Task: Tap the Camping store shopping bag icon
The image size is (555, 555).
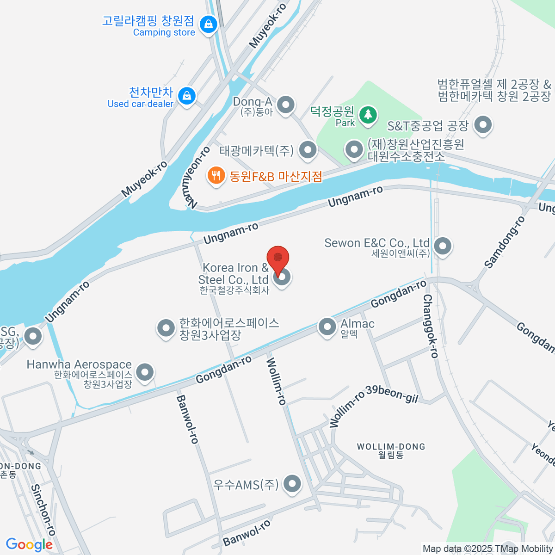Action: point(209,24)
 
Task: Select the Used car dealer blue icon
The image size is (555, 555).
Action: point(187,96)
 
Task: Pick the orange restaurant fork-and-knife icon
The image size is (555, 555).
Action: point(216,176)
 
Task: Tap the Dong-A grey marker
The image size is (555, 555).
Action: point(285,105)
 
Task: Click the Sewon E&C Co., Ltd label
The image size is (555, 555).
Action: point(377,243)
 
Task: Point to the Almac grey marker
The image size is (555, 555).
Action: point(327,327)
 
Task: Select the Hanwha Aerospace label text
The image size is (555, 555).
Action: point(79,364)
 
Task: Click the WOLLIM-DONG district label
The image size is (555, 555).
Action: point(391,447)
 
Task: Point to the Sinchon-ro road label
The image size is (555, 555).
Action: point(43,510)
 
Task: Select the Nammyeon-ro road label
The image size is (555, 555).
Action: point(198,178)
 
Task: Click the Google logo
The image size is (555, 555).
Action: point(29,545)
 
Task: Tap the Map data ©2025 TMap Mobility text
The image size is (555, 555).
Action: point(487,549)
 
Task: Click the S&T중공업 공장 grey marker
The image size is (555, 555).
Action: point(483,125)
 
